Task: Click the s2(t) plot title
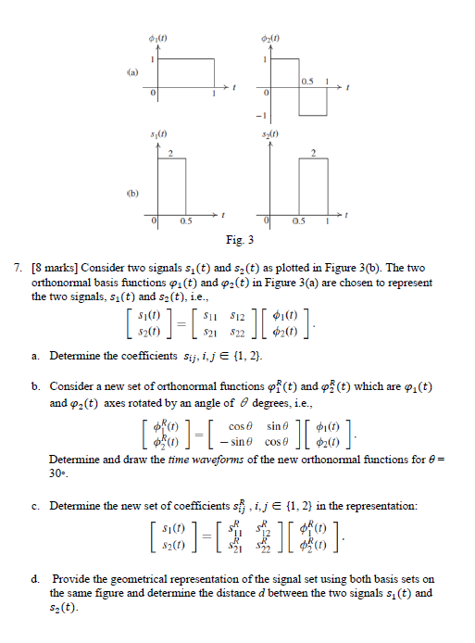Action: click(x=271, y=136)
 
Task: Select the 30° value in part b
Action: click(x=58, y=473)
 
